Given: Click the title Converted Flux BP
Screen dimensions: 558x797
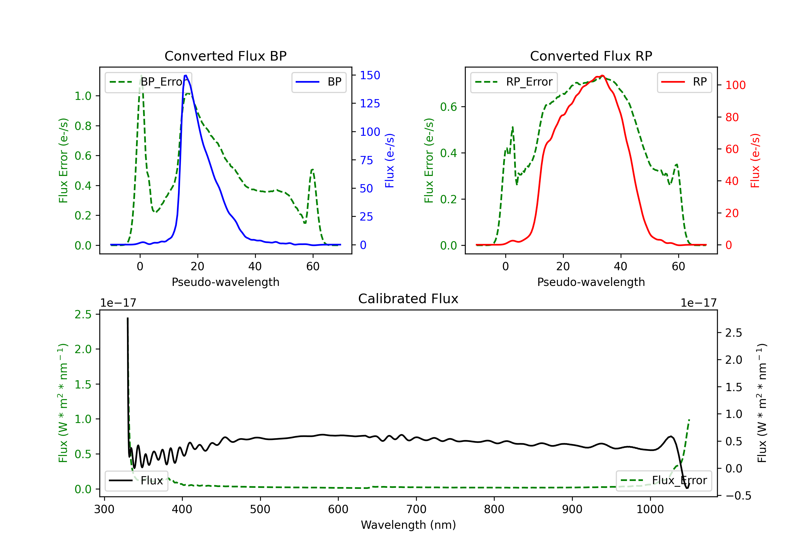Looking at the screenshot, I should [x=225, y=56].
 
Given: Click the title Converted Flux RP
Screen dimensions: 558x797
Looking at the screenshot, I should [x=591, y=56].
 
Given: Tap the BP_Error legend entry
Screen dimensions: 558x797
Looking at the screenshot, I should [x=148, y=82].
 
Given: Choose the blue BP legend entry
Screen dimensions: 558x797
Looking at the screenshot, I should [x=319, y=82].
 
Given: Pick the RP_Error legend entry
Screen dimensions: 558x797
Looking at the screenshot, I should [x=514, y=82].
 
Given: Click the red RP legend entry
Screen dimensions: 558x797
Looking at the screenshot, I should [x=684, y=82].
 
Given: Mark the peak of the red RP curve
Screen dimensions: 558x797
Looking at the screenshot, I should [x=602, y=75].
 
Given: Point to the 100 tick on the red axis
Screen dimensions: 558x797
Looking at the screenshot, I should [x=735, y=85].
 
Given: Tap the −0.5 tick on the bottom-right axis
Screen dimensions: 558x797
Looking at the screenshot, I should [x=738, y=496].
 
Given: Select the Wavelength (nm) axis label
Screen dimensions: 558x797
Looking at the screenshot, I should [x=408, y=525].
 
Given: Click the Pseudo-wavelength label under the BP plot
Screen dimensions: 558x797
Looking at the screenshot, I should [x=225, y=282].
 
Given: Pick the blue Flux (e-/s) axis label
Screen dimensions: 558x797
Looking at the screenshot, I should [x=389, y=160].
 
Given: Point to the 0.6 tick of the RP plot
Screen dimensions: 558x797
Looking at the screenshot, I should [x=448, y=107].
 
